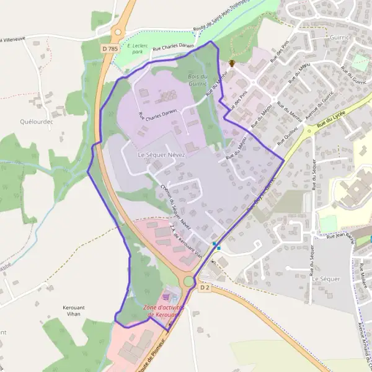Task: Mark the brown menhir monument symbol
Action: pos(231,63)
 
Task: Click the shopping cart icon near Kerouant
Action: pos(166,298)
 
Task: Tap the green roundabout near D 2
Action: pos(188,281)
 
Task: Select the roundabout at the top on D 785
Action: pos(118,32)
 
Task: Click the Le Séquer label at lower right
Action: pos(326,279)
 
